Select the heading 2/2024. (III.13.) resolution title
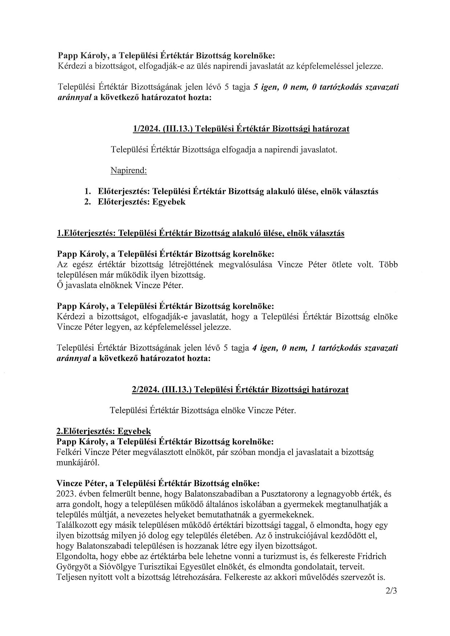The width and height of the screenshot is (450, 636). pyautogui.click(x=240, y=390)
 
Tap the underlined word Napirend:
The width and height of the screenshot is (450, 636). pyautogui.click(x=128, y=171)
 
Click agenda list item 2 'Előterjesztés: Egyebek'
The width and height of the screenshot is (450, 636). pyautogui.click(x=142, y=202)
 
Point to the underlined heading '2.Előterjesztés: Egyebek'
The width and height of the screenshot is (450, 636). pyautogui.click(x=104, y=431)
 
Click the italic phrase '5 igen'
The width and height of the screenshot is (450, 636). pyautogui.click(x=266, y=87)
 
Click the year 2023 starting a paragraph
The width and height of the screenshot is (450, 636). pyautogui.click(x=65, y=494)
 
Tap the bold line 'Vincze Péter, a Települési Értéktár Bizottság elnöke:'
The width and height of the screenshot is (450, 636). pyautogui.click(x=158, y=483)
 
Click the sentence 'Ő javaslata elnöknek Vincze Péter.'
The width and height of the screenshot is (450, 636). pyautogui.click(x=120, y=285)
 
